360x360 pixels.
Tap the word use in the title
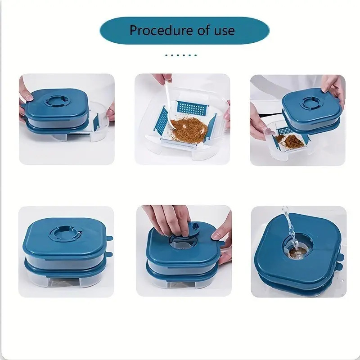tap(224, 31)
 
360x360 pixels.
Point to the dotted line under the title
tap(181, 55)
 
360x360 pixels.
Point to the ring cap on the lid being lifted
tap(311, 103)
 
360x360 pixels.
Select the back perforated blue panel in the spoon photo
tap(193, 108)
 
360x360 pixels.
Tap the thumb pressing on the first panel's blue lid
tap(27, 94)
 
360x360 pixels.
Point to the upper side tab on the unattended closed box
tap(109, 238)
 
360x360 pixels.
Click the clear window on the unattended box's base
tap(65, 282)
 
